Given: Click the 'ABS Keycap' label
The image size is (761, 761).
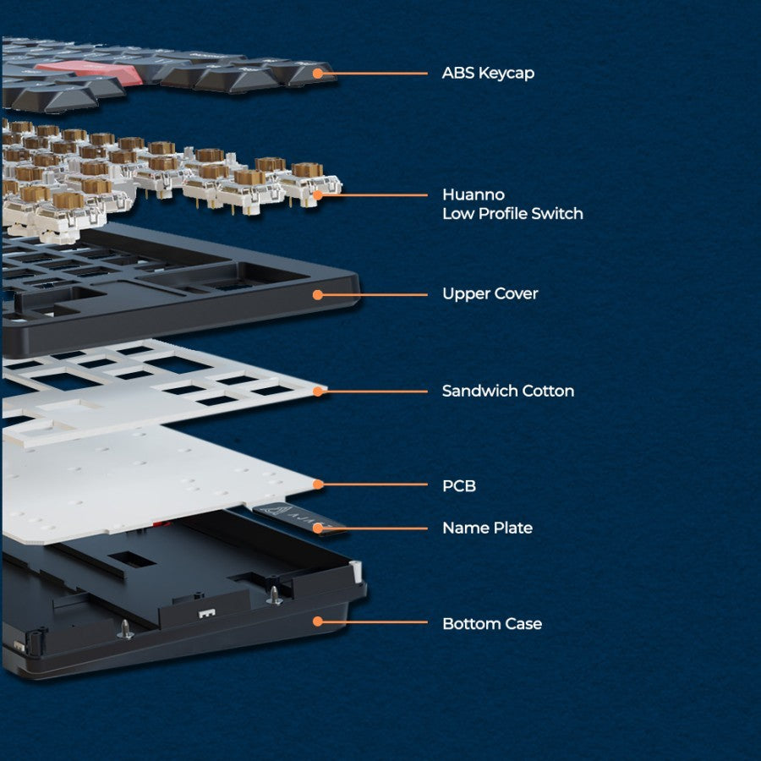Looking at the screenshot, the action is coord(488,74).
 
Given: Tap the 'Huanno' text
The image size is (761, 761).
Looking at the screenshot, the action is coord(474,194).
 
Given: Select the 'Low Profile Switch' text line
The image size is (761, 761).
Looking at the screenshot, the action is coord(512,214).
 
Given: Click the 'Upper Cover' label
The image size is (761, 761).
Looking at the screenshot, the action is coord(490,294).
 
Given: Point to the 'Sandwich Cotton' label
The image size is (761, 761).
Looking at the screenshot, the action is coord(508,391).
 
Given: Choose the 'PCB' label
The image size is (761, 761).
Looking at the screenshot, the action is coord(459,486).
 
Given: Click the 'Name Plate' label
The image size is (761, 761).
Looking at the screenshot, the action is coord(487,528).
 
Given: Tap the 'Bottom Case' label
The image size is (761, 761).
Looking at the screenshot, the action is coord(492,624).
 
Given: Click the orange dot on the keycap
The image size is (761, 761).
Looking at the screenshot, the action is coord(318,74).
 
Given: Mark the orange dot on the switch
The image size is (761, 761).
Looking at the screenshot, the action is coord(318,195).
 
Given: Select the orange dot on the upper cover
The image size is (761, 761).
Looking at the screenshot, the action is coord(318,294).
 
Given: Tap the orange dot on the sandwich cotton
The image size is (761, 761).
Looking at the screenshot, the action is coord(318,391).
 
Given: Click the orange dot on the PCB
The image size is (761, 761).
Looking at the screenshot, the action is coord(318,485).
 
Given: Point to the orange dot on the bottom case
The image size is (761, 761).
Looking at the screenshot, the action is coord(318,621).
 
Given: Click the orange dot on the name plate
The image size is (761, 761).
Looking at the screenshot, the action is coord(318,528).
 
